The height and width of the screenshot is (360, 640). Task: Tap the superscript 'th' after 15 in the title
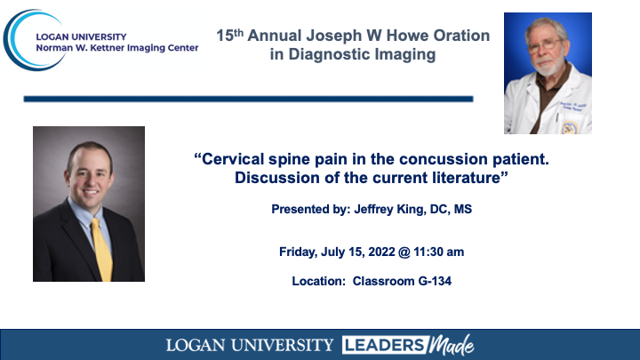click(238, 32)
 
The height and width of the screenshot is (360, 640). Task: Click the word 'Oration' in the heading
click(461, 36)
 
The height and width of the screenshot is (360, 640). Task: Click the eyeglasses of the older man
click(545, 45)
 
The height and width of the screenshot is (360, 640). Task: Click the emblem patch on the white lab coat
click(570, 127)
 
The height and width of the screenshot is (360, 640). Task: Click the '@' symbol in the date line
click(404, 252)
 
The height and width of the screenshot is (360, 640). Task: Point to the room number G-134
click(435, 281)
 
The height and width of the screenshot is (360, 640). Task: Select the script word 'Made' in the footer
click(452, 345)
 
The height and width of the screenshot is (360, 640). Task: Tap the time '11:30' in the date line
click(428, 252)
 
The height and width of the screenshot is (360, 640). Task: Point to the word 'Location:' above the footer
click(319, 281)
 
